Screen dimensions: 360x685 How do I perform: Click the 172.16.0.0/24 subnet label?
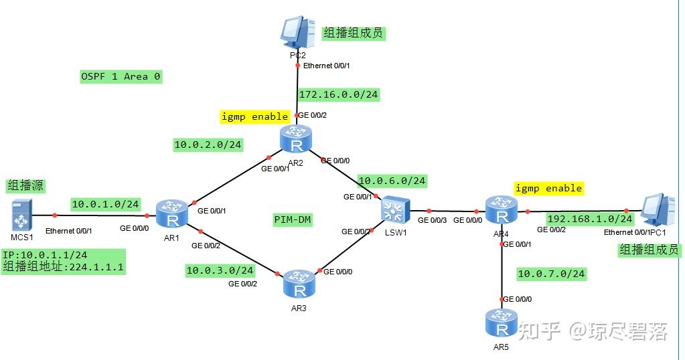tap(339, 95)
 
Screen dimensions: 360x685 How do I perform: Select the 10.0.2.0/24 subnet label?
tap(208, 144)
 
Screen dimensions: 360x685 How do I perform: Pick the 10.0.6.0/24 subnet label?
tap(392, 181)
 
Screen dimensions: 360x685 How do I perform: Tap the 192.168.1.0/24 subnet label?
tap(589, 219)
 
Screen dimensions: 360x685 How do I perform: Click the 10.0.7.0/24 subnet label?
tap(551, 274)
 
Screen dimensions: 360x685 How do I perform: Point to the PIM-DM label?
tap(293, 219)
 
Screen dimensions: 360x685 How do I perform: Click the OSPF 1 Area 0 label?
tap(121, 76)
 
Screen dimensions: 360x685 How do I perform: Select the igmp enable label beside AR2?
tap(254, 116)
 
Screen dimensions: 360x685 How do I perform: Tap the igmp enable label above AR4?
tap(548, 188)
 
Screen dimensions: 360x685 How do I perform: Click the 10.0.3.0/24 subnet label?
tap(220, 270)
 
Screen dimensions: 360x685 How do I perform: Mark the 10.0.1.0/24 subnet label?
tap(105, 204)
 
